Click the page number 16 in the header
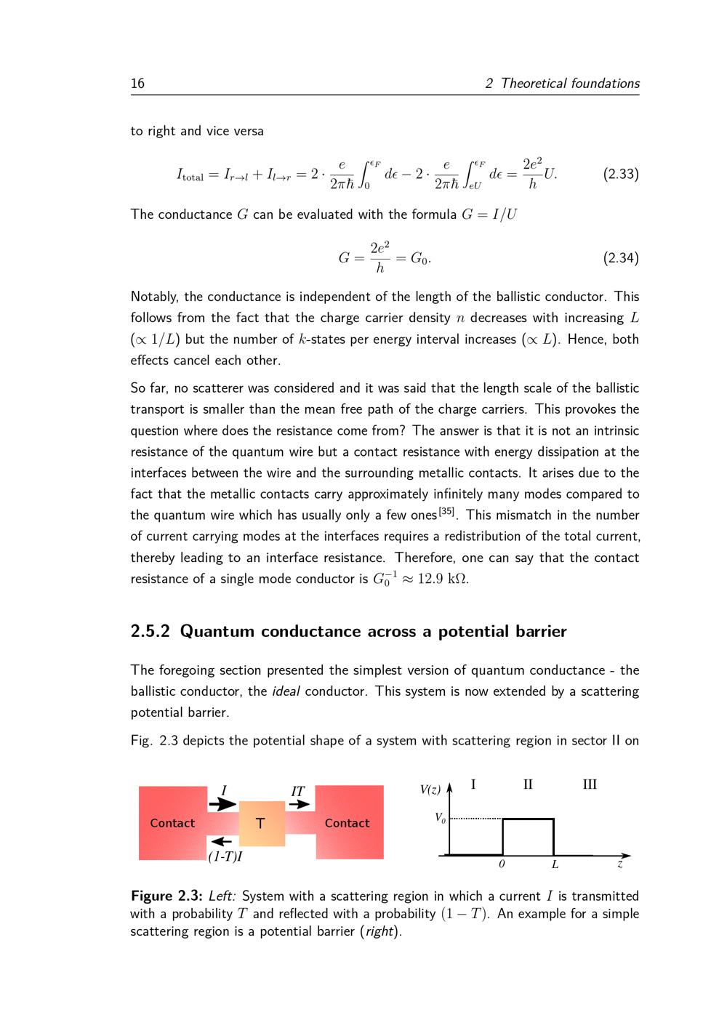(x=137, y=84)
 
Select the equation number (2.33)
(x=621, y=174)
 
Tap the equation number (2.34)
(x=621, y=258)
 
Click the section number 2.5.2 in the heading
(x=150, y=631)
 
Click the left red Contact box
(x=172, y=823)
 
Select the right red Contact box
(x=348, y=823)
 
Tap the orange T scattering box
(x=261, y=824)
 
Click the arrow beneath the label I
(x=222, y=805)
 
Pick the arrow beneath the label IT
(x=299, y=805)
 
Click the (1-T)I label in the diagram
(x=225, y=856)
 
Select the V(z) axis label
(x=430, y=789)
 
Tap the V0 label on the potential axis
(x=440, y=818)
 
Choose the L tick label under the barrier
(x=555, y=865)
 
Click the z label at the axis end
(x=620, y=865)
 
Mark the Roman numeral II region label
(x=529, y=784)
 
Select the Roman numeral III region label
(x=590, y=784)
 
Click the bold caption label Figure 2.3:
(x=166, y=896)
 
